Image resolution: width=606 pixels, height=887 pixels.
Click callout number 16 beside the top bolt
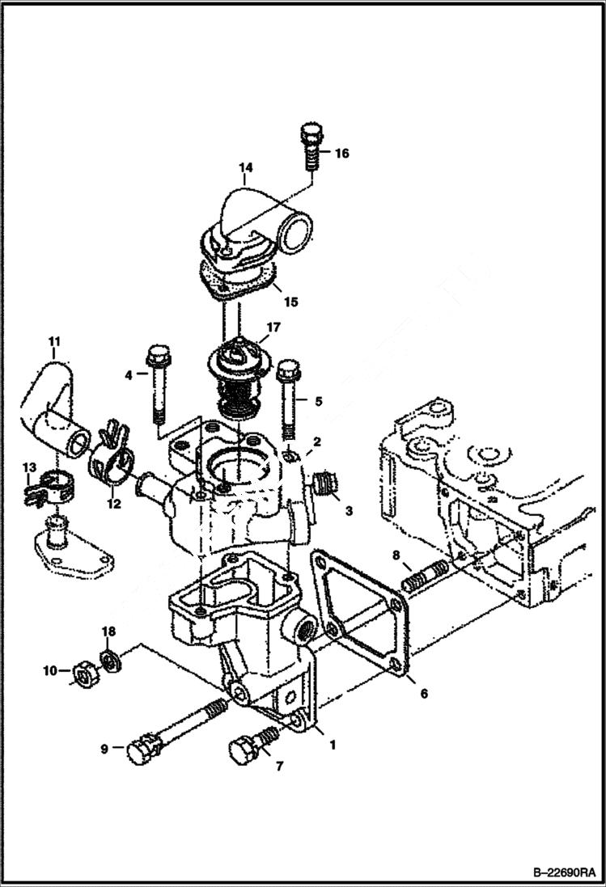pos(342,153)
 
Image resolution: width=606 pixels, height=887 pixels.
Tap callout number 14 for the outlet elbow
pos(245,168)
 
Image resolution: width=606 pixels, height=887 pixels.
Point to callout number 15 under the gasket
pos(290,302)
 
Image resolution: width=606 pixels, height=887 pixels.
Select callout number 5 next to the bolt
pos(318,400)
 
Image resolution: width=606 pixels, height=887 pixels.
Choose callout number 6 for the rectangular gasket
pos(423,693)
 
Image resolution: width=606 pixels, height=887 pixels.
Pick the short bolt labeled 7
pos(252,746)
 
